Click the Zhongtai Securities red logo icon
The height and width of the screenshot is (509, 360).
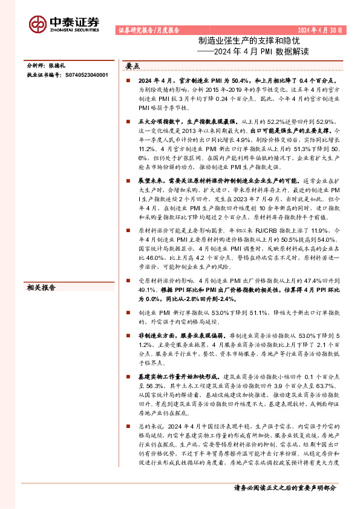click(x=38, y=23)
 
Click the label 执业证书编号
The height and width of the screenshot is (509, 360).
click(x=46, y=75)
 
